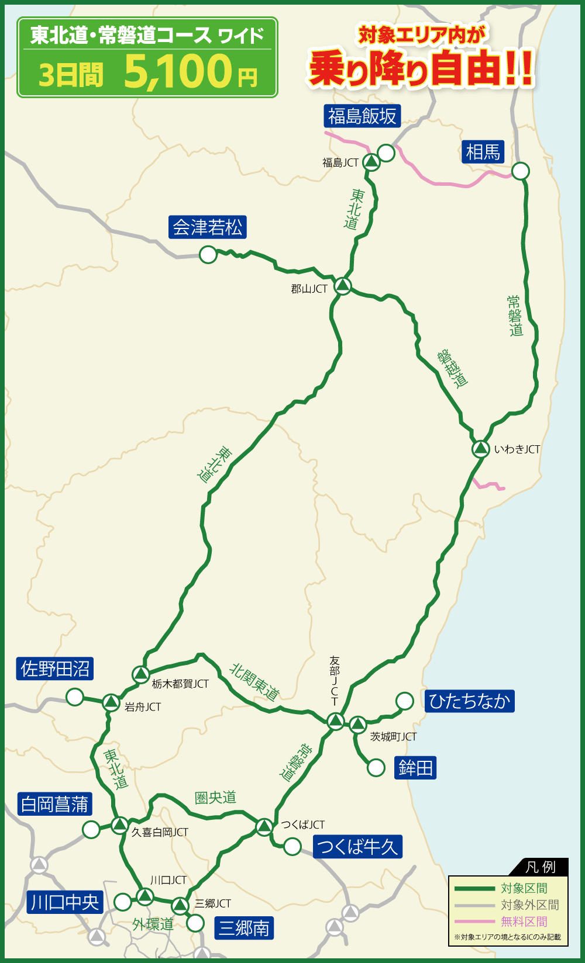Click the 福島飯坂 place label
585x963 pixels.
[x=362, y=116]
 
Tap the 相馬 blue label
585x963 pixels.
[x=483, y=152]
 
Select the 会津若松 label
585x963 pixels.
[x=208, y=227]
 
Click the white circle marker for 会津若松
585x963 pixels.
[x=208, y=255]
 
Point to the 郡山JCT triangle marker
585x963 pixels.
[x=343, y=286]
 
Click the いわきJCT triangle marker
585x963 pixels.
[x=480, y=449]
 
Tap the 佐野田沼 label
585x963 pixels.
[x=56, y=668]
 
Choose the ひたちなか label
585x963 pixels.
[x=469, y=701]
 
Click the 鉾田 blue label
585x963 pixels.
[x=415, y=767]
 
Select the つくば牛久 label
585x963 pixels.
[x=357, y=846]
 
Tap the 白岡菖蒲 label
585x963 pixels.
[x=55, y=804]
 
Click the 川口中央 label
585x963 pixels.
[x=65, y=902]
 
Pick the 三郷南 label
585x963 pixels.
[x=244, y=927]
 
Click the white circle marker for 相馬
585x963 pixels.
[x=520, y=171]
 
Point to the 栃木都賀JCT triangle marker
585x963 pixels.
[x=140, y=674]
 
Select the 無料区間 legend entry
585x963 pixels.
[x=524, y=922]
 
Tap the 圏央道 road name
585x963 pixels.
[x=215, y=798]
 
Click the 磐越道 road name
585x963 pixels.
[x=453, y=368]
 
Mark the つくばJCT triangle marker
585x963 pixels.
[x=264, y=826]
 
